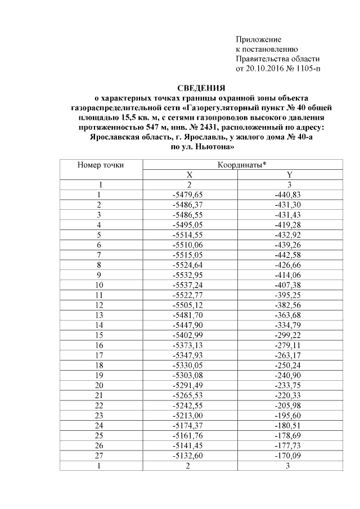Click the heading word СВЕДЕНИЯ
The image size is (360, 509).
201,88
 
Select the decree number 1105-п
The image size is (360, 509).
305,68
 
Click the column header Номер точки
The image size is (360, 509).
101,165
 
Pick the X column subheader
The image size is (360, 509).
190,174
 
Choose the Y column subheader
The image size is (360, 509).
289,174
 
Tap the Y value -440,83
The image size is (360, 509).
289,193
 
